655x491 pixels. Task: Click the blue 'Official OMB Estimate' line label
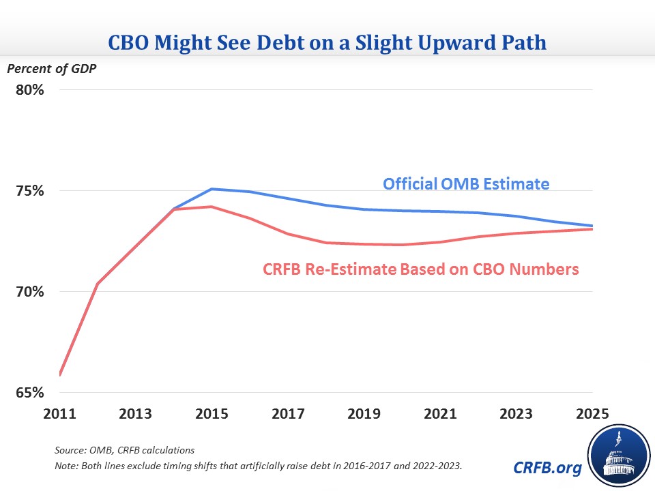click(x=467, y=183)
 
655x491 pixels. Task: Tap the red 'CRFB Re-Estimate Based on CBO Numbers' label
click(x=421, y=269)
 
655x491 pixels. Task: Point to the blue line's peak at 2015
click(x=212, y=189)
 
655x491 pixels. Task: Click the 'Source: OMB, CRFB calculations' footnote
click(x=124, y=451)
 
